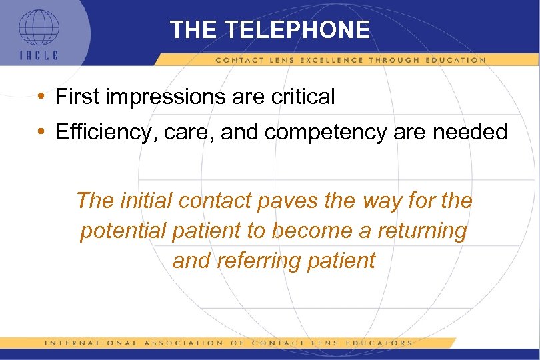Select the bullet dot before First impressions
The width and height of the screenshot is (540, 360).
pos(41,97)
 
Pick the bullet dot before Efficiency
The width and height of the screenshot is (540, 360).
pos(41,132)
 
